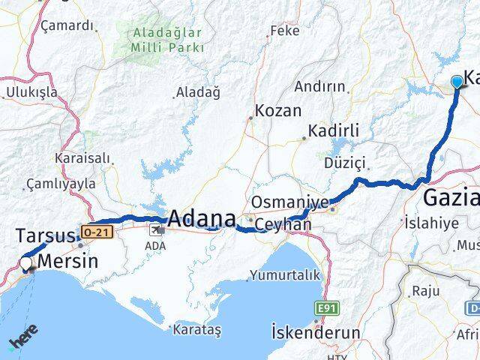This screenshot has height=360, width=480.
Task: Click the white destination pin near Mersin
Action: click(27, 264)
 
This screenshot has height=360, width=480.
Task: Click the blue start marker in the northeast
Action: click(457, 82)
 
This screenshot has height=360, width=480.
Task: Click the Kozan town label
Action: click(277, 111)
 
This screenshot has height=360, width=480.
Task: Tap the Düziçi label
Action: click(344, 163)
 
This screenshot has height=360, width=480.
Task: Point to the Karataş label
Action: click(196, 328)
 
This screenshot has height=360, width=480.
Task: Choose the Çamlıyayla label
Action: click(60, 183)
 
